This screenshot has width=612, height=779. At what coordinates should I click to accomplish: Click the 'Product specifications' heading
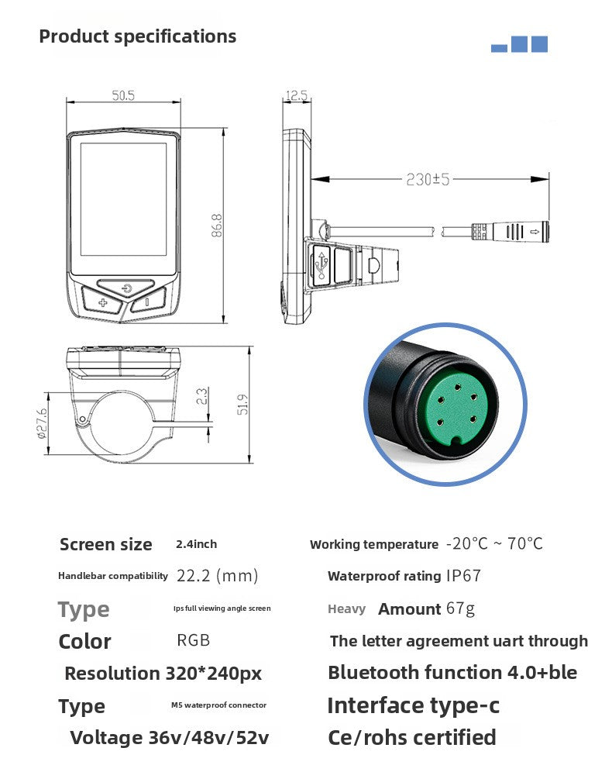pos(137,36)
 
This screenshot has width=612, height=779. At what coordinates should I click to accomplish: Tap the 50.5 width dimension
pos(123,96)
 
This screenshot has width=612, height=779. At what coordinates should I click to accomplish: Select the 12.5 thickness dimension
pos(296,96)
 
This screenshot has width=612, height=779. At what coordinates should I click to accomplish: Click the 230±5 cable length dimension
pos(428,179)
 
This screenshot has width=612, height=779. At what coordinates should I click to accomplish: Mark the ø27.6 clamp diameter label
pos(42,423)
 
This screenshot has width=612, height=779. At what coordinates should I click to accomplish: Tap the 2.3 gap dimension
pos(201,397)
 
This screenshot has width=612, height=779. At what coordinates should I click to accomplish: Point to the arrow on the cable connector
pos(535,230)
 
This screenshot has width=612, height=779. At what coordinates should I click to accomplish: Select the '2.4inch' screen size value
pos(197,545)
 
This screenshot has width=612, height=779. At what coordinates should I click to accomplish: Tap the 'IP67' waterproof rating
pos(463,576)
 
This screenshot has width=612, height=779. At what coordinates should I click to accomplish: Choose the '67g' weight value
pos(460,608)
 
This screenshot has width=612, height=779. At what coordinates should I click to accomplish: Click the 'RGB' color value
pos(193,641)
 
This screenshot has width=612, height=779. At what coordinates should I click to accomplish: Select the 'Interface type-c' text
pos(413,705)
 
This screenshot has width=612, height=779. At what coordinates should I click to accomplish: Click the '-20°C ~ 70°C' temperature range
pos(494,543)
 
